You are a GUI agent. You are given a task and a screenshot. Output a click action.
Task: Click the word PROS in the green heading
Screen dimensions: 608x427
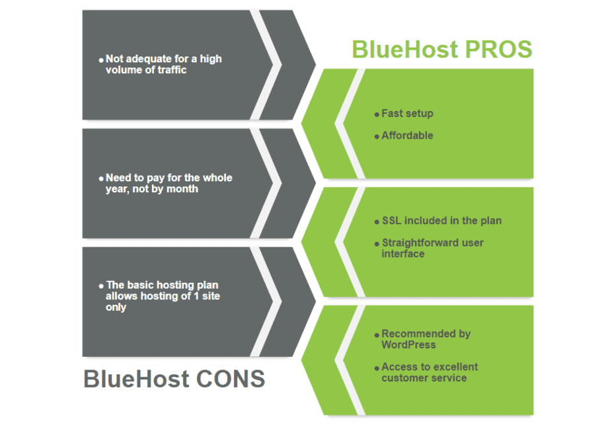498,50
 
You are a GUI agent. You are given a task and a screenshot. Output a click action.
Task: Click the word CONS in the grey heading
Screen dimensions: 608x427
231,379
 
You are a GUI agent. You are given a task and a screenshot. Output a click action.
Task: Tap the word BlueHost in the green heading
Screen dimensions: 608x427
405,50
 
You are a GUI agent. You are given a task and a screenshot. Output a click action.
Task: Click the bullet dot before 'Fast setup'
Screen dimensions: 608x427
377,115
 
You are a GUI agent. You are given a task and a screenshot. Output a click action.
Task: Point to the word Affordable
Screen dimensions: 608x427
407,136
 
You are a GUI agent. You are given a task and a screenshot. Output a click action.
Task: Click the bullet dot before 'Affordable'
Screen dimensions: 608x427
377,137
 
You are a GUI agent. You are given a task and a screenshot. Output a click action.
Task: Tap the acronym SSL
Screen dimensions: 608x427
392,221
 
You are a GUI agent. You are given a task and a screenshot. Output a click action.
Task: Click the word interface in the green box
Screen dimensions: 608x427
403,254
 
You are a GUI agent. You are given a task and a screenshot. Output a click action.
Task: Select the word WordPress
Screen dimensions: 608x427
408,345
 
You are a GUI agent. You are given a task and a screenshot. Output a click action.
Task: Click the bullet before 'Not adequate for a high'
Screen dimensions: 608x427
101,60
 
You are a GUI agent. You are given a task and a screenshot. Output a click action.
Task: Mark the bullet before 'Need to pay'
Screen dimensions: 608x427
101,178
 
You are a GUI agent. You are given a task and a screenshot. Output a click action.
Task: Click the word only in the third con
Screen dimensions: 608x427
116,307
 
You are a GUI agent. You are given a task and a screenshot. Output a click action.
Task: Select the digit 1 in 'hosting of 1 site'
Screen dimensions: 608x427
196,296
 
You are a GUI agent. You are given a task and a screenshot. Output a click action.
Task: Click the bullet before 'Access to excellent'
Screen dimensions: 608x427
377,368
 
